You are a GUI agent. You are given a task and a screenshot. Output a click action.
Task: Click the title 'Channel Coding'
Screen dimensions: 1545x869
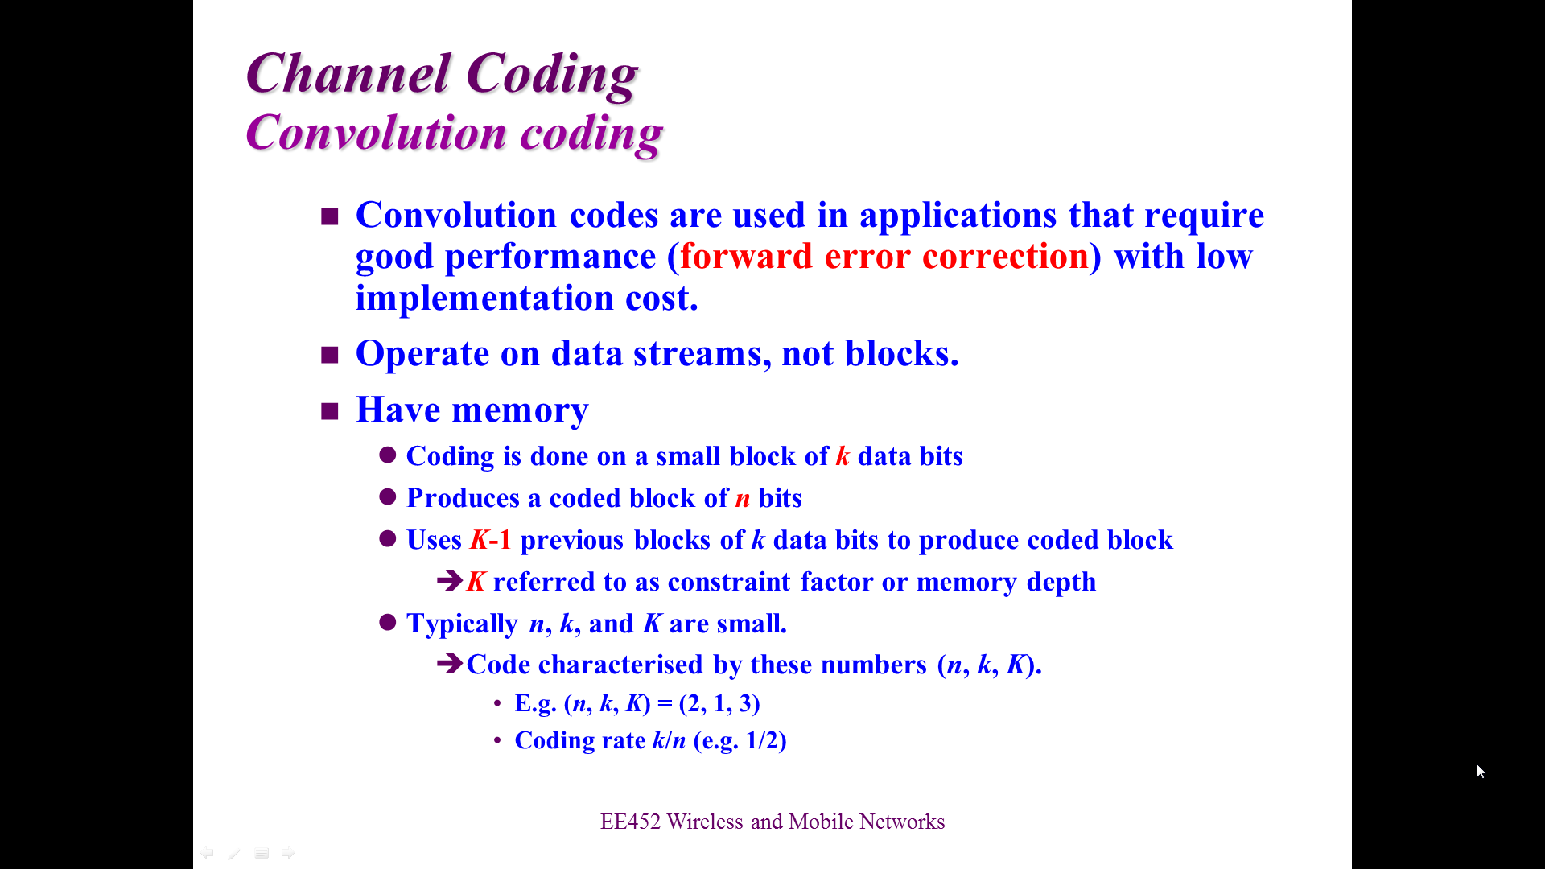442,74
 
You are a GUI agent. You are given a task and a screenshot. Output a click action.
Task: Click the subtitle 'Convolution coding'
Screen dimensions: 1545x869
455,133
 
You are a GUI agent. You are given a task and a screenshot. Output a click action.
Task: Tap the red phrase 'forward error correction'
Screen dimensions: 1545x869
884,256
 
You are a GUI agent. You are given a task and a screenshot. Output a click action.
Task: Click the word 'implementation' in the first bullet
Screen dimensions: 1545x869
484,299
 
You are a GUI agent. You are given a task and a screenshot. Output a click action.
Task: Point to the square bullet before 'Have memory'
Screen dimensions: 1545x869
330,411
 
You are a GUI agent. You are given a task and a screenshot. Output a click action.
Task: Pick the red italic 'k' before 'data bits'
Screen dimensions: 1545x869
843,456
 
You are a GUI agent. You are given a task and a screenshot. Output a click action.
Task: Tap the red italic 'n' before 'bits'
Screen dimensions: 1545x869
743,498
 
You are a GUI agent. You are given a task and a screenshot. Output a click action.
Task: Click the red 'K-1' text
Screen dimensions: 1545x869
491,540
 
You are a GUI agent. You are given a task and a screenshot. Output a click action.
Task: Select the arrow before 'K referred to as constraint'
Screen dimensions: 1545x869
450,580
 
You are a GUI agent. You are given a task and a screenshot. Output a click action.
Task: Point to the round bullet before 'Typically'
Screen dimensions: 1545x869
388,622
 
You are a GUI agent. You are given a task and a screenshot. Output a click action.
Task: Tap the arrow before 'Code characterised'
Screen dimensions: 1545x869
450,663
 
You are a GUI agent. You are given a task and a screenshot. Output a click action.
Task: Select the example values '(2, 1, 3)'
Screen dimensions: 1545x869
719,704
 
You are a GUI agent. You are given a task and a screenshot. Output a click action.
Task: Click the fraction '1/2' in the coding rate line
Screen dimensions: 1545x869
761,740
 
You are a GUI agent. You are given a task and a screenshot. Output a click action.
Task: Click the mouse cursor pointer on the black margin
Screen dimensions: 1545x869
1481,772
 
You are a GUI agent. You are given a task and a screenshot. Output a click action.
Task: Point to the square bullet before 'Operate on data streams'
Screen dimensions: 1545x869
330,355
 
